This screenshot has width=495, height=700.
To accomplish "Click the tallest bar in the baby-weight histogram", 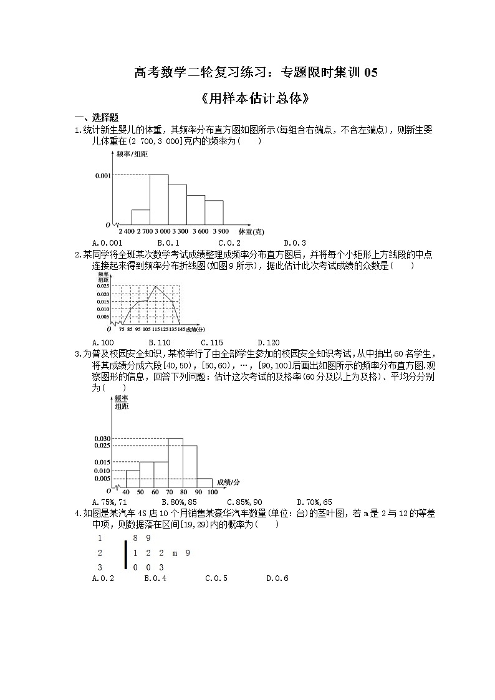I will coord(159,199).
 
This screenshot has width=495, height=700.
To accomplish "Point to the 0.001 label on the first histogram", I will coord(103,176).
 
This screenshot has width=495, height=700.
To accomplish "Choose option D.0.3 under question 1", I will coord(294,242).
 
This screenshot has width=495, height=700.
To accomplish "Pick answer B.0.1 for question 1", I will coord(168,242).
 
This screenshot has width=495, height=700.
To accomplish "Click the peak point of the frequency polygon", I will coord(155,286).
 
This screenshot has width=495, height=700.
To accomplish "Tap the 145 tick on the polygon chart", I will coord(181,328).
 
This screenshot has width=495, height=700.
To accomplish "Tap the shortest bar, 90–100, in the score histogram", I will coord(204,482).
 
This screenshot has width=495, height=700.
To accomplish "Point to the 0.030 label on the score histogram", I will coord(102,439).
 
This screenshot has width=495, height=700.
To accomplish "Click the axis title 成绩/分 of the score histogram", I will coord(229,482).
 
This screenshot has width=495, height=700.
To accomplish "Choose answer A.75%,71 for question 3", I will coord(109,502).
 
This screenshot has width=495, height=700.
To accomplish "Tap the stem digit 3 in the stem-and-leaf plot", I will coord(100,567).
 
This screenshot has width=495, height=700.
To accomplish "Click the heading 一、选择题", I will coord(97,118).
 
